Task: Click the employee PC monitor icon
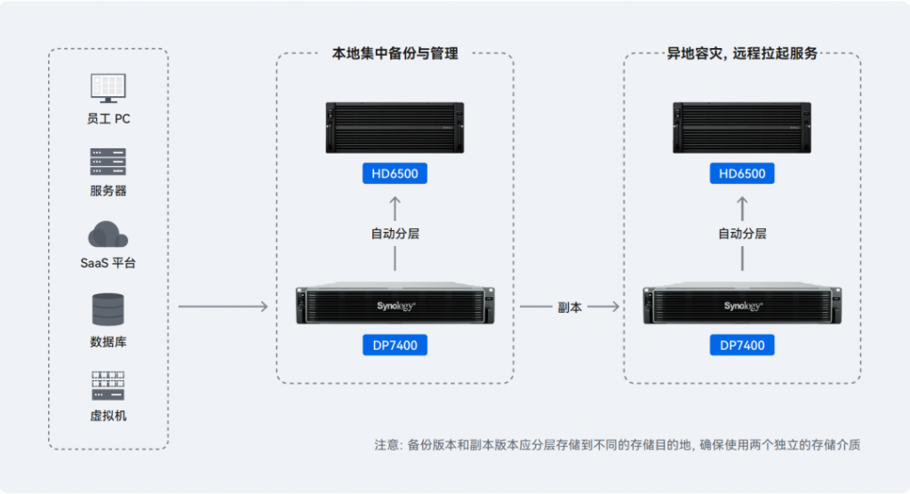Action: pos(108,88)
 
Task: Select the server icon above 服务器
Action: pos(108,162)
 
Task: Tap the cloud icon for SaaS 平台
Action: pos(108,235)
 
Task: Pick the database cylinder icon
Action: pos(108,309)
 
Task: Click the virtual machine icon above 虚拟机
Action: pos(108,386)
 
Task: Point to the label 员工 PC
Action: pos(108,119)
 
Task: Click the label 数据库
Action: pos(108,342)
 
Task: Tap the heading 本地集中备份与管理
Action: pos(395,53)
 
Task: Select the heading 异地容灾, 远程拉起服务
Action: pos(742,53)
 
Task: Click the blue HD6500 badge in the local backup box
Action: pos(395,173)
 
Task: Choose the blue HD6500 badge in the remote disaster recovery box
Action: pos(742,173)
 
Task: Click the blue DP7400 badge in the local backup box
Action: pos(395,346)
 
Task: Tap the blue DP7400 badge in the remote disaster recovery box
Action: pos(742,346)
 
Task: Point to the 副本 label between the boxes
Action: pos(570,307)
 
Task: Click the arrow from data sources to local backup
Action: pos(223,306)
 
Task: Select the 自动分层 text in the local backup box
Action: pos(395,234)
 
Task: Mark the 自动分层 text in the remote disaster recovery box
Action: pos(742,234)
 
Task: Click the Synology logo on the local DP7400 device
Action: pos(395,306)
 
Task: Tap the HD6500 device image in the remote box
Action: pos(742,128)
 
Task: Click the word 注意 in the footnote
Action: pos(386,444)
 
